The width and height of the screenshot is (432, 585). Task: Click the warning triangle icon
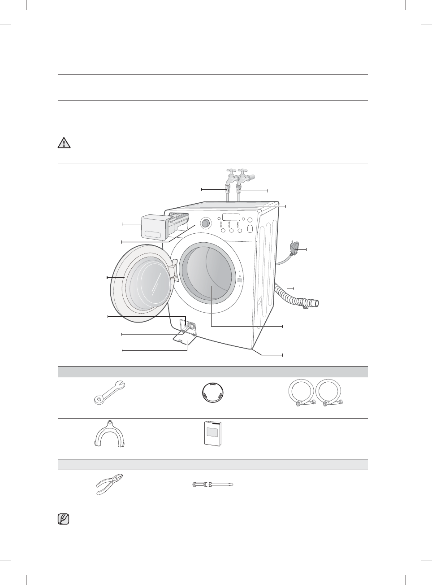(x=65, y=143)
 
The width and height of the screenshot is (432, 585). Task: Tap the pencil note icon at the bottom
(x=64, y=520)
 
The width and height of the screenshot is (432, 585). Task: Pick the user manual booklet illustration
(x=212, y=433)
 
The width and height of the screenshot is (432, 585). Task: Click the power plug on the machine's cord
(x=294, y=248)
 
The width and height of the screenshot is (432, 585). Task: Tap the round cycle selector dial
(x=206, y=223)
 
